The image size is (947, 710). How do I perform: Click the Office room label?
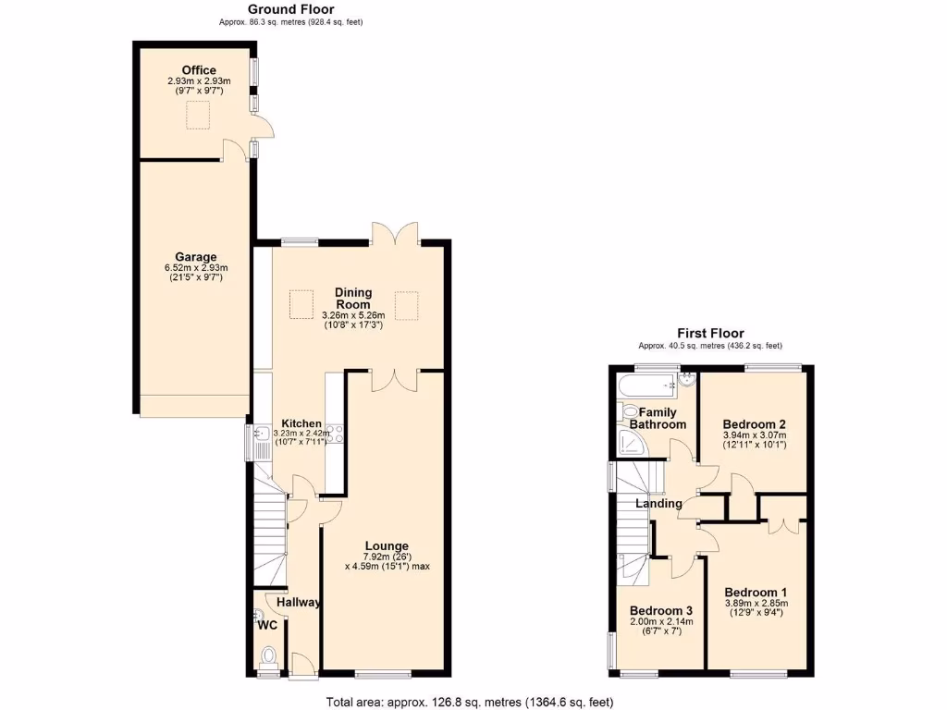tap(199, 70)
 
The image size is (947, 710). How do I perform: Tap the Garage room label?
tap(195, 257)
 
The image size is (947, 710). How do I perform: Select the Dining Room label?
tap(352, 298)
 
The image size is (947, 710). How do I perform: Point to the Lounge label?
tap(386, 545)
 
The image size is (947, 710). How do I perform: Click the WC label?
tap(267, 626)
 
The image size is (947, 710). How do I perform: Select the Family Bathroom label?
tap(658, 418)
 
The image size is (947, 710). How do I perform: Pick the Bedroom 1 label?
tap(756, 593)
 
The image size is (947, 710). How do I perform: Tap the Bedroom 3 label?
tap(660, 611)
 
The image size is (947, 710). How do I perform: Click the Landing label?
tap(658, 504)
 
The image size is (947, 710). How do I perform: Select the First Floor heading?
tap(709, 334)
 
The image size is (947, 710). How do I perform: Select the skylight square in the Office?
tap(198, 116)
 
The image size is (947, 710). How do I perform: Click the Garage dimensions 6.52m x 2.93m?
tap(195, 269)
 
